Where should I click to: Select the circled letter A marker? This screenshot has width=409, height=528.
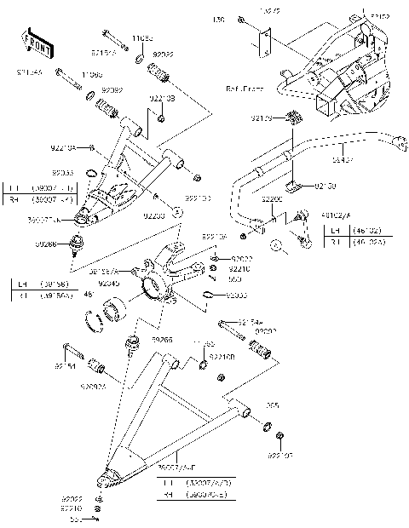coord(275,245)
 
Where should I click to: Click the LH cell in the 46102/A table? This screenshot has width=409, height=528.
coord(335,229)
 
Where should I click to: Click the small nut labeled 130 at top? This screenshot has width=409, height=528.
coord(242,19)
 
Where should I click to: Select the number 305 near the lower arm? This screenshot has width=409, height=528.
coord(273,405)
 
